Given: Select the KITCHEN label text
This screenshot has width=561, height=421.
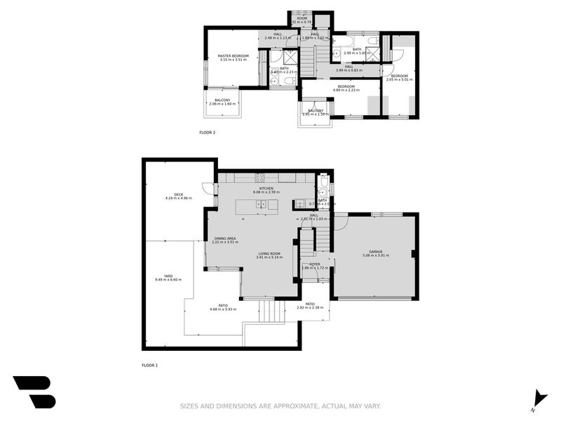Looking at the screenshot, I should point(265,188).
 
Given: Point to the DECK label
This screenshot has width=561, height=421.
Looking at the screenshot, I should point(179,194).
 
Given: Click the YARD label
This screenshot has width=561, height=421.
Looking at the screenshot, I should point(168,276).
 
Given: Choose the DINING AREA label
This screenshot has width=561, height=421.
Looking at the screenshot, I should point(225,238).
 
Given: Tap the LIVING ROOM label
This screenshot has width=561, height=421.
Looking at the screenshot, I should point(269,253).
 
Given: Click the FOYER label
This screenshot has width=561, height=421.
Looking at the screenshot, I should point(315,265).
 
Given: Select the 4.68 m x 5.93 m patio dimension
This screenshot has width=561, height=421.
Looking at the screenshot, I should point(223,309).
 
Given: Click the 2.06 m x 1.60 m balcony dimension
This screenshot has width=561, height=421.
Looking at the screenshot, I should point(223,105).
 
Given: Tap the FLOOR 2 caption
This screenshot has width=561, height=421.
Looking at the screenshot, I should point(208,132).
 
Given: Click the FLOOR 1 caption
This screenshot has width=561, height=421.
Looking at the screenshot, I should point(150,366).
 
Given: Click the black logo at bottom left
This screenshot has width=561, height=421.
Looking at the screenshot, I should point(33,392).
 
